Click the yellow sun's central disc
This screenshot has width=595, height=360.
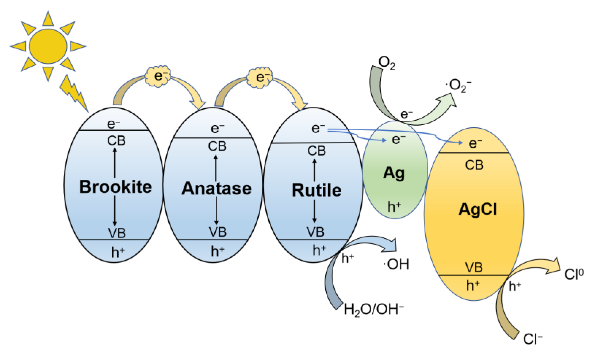pos(48,46)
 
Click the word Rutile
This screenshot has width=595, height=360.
pos(316,190)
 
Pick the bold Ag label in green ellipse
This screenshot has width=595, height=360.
pos(394,173)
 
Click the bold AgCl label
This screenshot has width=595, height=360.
pos(478,209)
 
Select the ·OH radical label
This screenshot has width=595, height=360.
pos(396,264)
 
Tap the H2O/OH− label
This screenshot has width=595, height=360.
pos(373,309)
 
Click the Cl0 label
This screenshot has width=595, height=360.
pos(574,274)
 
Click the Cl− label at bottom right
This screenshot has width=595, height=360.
pos(533,339)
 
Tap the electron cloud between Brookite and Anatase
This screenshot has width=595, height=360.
pos(158,76)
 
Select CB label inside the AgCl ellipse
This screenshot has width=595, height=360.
pos(474,165)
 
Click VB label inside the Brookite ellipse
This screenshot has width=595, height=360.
pos(117,233)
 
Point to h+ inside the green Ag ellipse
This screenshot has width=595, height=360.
pos(394,206)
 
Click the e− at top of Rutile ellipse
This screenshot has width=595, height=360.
pos(318,128)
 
